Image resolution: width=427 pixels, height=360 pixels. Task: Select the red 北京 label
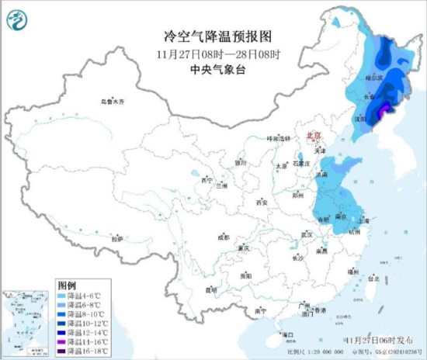[314, 134]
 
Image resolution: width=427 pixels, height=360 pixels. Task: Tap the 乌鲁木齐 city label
[112, 102]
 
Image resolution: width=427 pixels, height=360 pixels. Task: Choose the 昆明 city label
[210, 289]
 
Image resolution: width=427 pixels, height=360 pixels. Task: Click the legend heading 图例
[66, 287]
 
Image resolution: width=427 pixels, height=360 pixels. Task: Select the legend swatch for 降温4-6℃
[62, 297]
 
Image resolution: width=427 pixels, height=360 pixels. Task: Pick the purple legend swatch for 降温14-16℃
[62, 341]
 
